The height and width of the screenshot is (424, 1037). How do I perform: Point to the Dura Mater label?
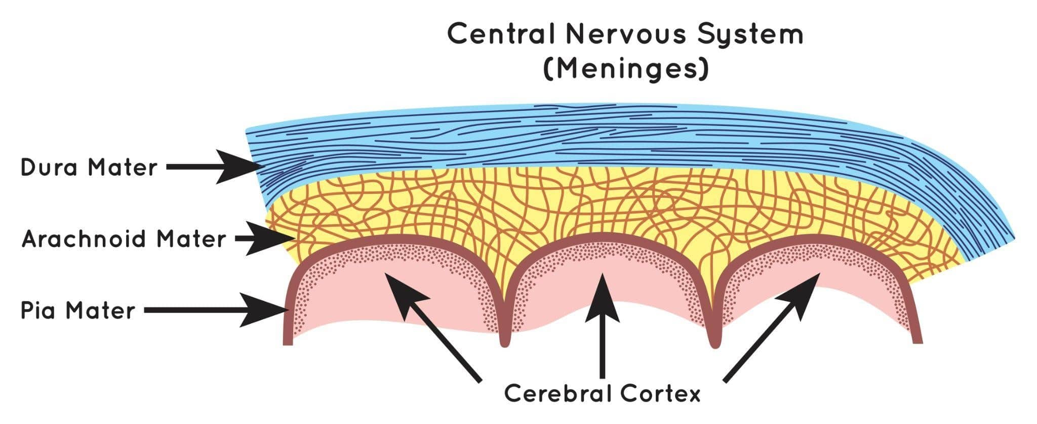89,167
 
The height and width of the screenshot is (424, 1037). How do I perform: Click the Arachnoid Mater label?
124,238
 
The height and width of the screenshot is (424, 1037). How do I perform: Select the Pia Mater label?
78,310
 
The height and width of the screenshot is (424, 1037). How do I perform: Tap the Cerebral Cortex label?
602,394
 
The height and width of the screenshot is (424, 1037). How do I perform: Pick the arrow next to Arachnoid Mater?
265,238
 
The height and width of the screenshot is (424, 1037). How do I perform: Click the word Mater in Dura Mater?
123,167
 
